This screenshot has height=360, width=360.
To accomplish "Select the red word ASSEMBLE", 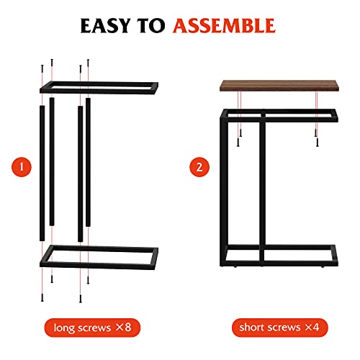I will click(x=224, y=27).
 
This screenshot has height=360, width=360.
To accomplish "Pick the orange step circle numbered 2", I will click(x=199, y=168).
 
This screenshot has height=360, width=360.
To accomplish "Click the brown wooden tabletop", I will click(x=279, y=86).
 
